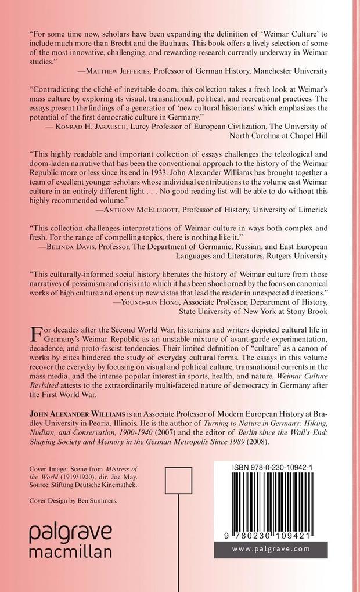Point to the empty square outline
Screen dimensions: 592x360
coord(174,481)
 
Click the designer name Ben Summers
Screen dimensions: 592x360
coord(96,500)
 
